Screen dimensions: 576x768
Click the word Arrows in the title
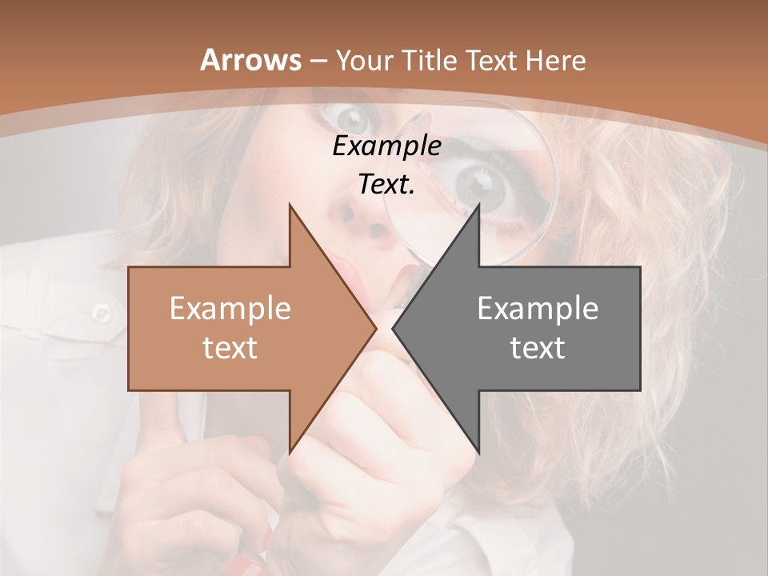(251, 60)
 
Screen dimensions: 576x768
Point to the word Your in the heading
(363, 61)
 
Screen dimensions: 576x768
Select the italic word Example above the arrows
(386, 146)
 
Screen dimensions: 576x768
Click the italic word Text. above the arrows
(386, 185)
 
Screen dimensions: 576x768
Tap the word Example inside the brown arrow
(230, 309)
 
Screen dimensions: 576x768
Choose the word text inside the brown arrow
(230, 347)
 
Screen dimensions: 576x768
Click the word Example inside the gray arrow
(538, 309)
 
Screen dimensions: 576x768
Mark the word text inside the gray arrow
(538, 347)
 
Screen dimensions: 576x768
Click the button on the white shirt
(101, 312)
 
